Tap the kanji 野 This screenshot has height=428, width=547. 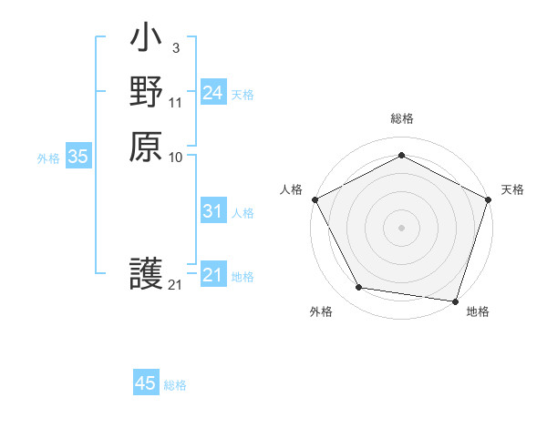coord(146,94)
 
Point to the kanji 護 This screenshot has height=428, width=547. coord(146,274)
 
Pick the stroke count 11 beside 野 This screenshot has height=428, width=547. coord(175,103)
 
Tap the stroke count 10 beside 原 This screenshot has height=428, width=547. coord(175,158)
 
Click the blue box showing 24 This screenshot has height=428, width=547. coord(212,93)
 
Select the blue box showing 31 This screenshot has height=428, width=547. coord(212,211)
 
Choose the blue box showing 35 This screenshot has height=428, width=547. coord(78,157)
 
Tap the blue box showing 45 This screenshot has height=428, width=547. coord(146,383)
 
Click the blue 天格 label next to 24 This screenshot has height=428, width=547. coord(243,94)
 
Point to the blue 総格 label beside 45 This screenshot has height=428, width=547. coord(175,385)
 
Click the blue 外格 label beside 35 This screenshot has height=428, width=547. coord(48,158)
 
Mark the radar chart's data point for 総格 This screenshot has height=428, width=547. coord(401,155)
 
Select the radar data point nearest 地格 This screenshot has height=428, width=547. coord(455,301)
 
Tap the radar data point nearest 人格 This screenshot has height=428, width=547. coord(315,199)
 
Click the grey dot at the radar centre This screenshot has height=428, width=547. coord(401,227)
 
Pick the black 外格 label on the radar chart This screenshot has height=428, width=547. coord(321,311)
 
